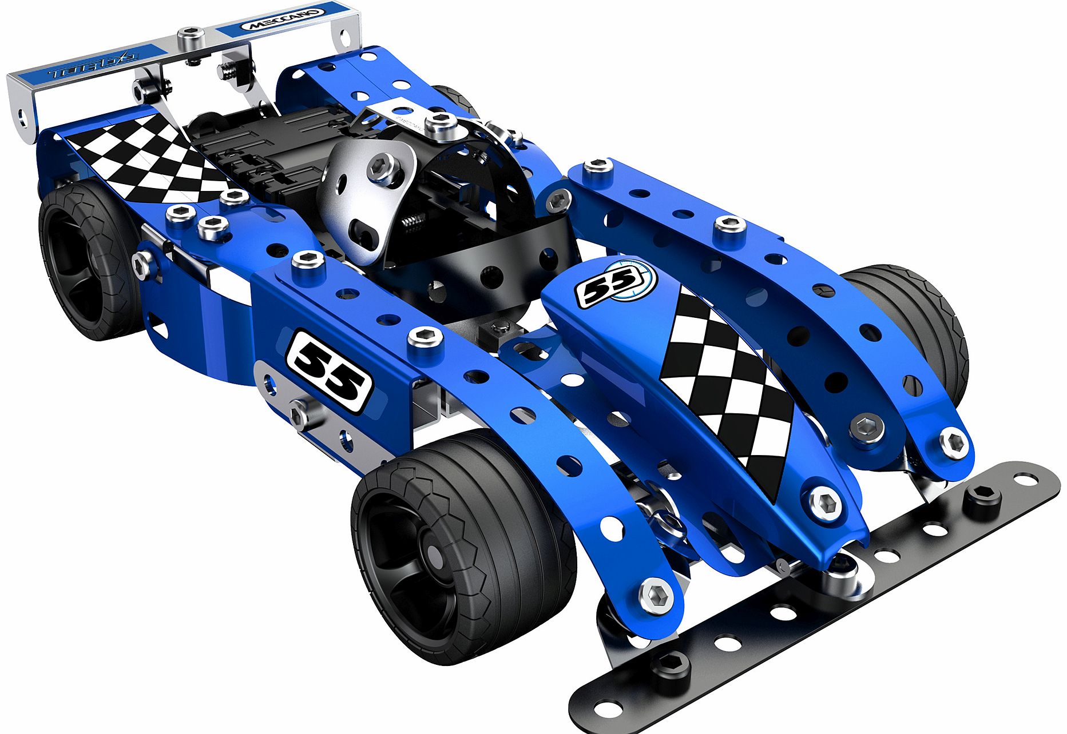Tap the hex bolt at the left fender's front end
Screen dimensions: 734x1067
(x=656, y=595)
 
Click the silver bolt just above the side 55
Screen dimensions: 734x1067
(x=425, y=337)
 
